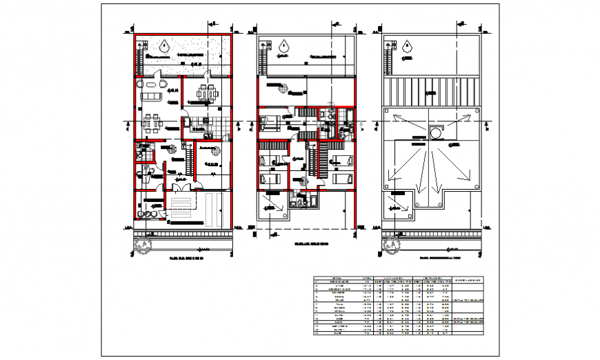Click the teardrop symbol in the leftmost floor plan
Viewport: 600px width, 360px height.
[x=163, y=47]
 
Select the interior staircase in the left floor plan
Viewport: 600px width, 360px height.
[x=188, y=162]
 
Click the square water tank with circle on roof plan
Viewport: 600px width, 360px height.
[x=437, y=132]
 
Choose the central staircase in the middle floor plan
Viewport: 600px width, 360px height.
[x=310, y=162]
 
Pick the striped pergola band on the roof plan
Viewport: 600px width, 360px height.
[x=432, y=90]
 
